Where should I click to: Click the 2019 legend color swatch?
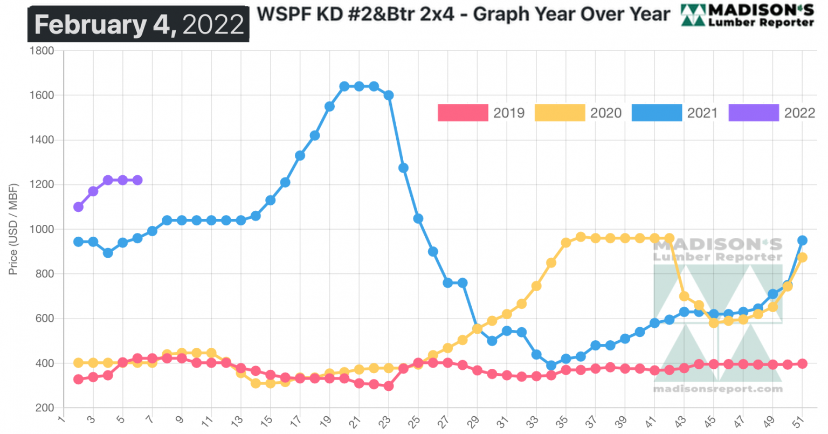click(463, 113)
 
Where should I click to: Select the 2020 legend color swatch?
click(560, 113)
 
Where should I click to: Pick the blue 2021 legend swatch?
click(656, 113)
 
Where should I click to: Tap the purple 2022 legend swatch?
click(753, 113)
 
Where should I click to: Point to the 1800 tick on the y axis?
click(42, 51)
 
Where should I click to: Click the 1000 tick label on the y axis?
click(42, 229)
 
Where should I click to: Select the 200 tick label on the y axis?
click(44, 408)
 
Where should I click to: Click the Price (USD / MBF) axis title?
click(13, 229)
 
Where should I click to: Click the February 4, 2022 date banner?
click(139, 24)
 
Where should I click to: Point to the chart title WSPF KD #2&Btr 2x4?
click(463, 15)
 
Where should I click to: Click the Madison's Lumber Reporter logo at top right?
click(748, 15)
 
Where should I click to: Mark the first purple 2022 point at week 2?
click(78, 206)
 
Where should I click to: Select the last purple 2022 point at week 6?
click(137, 180)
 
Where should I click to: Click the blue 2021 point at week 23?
click(389, 95)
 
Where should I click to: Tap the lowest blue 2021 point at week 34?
click(551, 366)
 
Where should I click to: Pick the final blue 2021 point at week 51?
click(802, 240)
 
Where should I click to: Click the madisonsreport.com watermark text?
click(717, 389)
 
